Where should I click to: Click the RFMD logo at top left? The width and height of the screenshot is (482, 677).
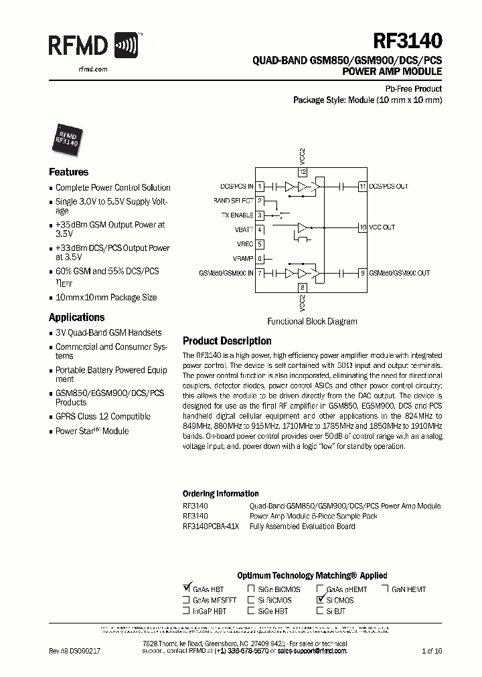[x=94, y=46]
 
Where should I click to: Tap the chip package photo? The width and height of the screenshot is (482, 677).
[x=67, y=136]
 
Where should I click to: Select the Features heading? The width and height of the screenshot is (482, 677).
[x=68, y=172]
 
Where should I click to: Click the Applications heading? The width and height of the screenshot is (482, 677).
[x=76, y=318]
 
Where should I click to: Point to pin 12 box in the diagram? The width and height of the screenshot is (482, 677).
[x=303, y=172]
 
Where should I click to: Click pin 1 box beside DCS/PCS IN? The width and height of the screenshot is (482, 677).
[x=260, y=186]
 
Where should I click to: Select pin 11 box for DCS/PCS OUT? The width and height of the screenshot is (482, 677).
[x=362, y=186]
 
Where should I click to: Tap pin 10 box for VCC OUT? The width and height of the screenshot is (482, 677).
[x=362, y=227]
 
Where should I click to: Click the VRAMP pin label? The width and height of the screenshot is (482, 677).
[x=243, y=259]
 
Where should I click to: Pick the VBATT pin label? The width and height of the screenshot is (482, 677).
[x=244, y=230]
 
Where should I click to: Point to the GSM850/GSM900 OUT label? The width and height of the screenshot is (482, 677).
[x=399, y=273]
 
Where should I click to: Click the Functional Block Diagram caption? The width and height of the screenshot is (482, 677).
[x=312, y=321]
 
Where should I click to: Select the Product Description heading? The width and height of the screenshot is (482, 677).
[x=227, y=341]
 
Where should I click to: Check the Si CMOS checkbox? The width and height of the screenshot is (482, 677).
[x=320, y=600]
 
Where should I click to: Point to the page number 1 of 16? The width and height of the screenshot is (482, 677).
[x=432, y=650]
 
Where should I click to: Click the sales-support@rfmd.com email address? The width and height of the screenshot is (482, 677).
[x=312, y=650]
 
